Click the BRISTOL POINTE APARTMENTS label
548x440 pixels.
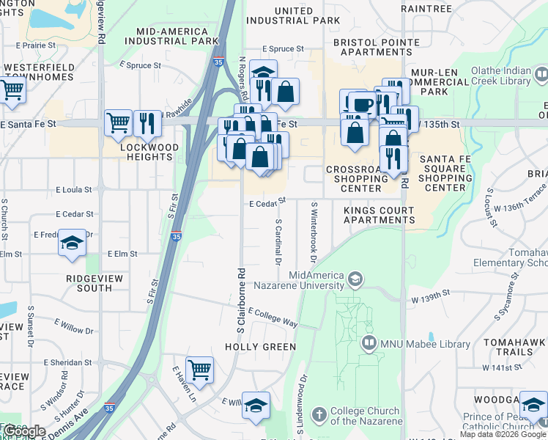pos(377,48)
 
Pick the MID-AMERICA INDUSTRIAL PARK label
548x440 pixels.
pos(177,37)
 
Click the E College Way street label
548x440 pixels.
pos(273,318)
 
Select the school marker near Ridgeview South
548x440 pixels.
pos(72,243)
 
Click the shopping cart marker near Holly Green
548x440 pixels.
pos(199,370)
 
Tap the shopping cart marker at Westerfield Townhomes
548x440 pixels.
pos(12,90)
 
